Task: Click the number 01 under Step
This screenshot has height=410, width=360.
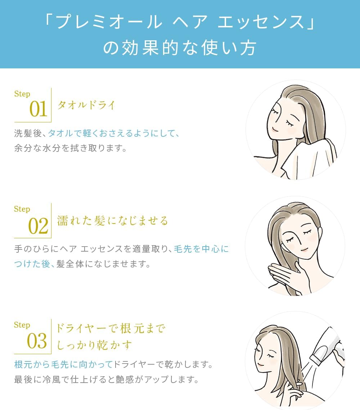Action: coord(38,109)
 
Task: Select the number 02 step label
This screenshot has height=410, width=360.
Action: coord(38,226)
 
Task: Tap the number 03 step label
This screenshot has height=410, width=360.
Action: coord(37,341)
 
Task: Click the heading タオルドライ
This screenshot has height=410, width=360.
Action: coord(86,105)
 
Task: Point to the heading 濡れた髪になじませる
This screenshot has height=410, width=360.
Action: coord(113,220)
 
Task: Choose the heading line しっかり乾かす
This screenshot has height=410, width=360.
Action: coord(94,345)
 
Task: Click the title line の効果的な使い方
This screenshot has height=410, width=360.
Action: coord(180,48)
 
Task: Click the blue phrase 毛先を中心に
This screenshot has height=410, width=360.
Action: coord(201,249)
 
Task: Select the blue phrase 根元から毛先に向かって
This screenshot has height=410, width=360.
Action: coord(63,364)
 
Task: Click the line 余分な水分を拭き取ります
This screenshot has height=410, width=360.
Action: coord(71,148)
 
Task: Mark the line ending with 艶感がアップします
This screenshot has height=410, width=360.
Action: coord(106,380)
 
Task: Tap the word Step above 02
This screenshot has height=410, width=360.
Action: coord(22,209)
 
